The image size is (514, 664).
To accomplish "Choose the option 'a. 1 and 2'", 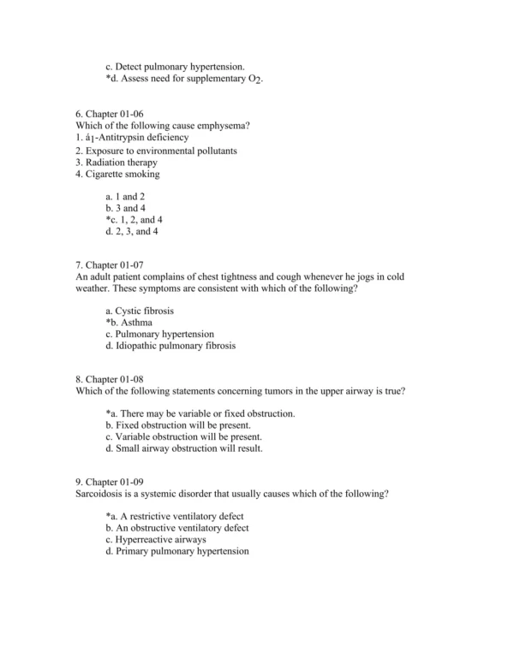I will tap(125, 196).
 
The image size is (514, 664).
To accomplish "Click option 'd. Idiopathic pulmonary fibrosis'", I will tap(170, 346).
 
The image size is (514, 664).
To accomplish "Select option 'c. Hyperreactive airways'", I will tap(156, 540).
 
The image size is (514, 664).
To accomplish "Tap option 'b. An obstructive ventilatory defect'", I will tap(177, 528).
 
